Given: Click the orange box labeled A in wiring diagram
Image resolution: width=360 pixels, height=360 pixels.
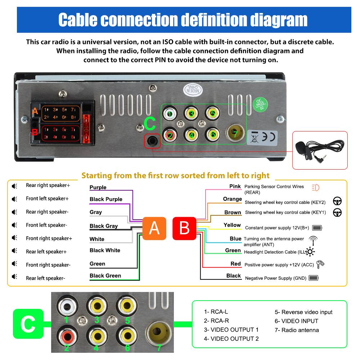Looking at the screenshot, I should (154, 228).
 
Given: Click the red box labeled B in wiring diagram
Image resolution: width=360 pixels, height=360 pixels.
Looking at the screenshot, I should (184, 228).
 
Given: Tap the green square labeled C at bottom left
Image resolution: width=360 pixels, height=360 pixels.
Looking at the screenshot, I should (28, 324).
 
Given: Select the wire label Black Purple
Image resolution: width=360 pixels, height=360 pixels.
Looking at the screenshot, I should (106, 199).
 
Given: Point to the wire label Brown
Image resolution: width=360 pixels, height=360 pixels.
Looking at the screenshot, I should (233, 212).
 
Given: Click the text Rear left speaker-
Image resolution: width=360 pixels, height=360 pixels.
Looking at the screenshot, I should (45, 278).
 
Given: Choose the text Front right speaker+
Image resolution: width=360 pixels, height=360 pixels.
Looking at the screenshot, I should (49, 238).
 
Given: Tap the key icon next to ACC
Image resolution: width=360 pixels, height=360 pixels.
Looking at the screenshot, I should (320, 264).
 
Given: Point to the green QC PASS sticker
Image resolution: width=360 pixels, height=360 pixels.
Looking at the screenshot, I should (260, 105).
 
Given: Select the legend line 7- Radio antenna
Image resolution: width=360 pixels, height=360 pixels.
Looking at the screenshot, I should (297, 330).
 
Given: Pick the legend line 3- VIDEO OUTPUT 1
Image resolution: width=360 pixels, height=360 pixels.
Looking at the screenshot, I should (231, 329).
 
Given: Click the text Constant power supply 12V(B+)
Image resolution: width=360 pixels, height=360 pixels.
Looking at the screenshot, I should (278, 228).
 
